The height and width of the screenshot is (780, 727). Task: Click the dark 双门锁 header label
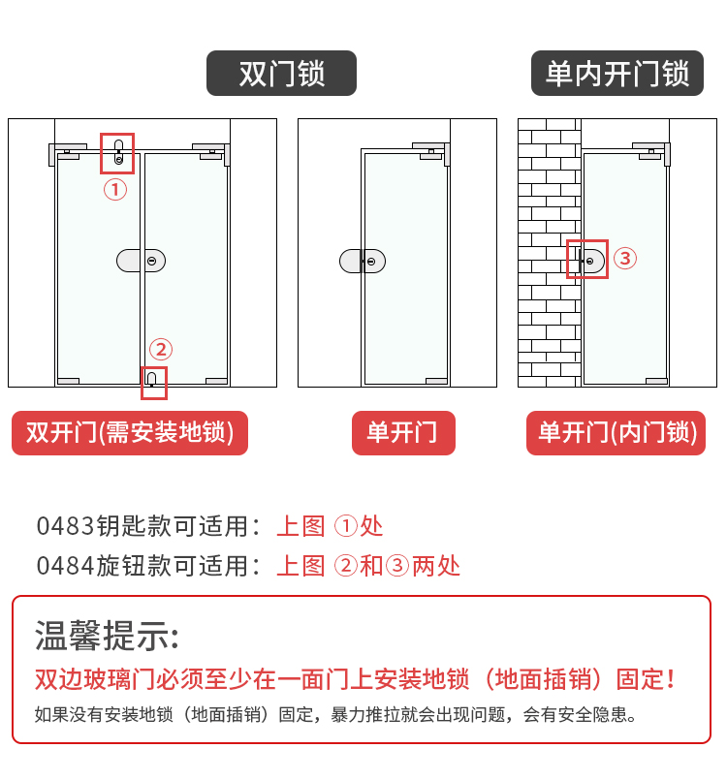[x=281, y=73]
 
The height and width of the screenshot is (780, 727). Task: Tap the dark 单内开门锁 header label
[x=617, y=73]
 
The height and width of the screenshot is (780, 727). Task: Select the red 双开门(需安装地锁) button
[x=130, y=433]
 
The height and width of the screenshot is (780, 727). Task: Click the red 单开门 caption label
[x=403, y=433]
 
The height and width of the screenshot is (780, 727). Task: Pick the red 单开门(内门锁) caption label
[x=616, y=433]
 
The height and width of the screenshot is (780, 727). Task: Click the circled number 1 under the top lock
[x=115, y=190]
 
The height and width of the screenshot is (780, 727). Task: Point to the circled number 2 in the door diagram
[x=161, y=349]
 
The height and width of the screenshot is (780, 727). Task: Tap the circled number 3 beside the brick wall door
[x=625, y=258]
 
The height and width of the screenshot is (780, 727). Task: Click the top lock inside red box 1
[x=118, y=152]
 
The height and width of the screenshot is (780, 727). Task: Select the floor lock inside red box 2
[x=152, y=380]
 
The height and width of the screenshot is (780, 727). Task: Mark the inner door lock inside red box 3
[x=591, y=261]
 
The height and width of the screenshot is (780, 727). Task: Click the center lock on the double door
[x=141, y=261]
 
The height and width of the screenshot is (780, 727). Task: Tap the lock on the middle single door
[x=363, y=262]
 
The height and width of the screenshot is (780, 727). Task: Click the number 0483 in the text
[x=65, y=526]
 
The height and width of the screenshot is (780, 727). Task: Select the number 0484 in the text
[x=65, y=566]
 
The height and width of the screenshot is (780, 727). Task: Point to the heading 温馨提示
[x=107, y=636]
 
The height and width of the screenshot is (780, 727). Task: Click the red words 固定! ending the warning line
[x=646, y=679]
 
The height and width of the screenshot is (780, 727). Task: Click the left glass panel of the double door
[x=99, y=268]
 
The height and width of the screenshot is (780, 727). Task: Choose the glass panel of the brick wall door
[x=625, y=268]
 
